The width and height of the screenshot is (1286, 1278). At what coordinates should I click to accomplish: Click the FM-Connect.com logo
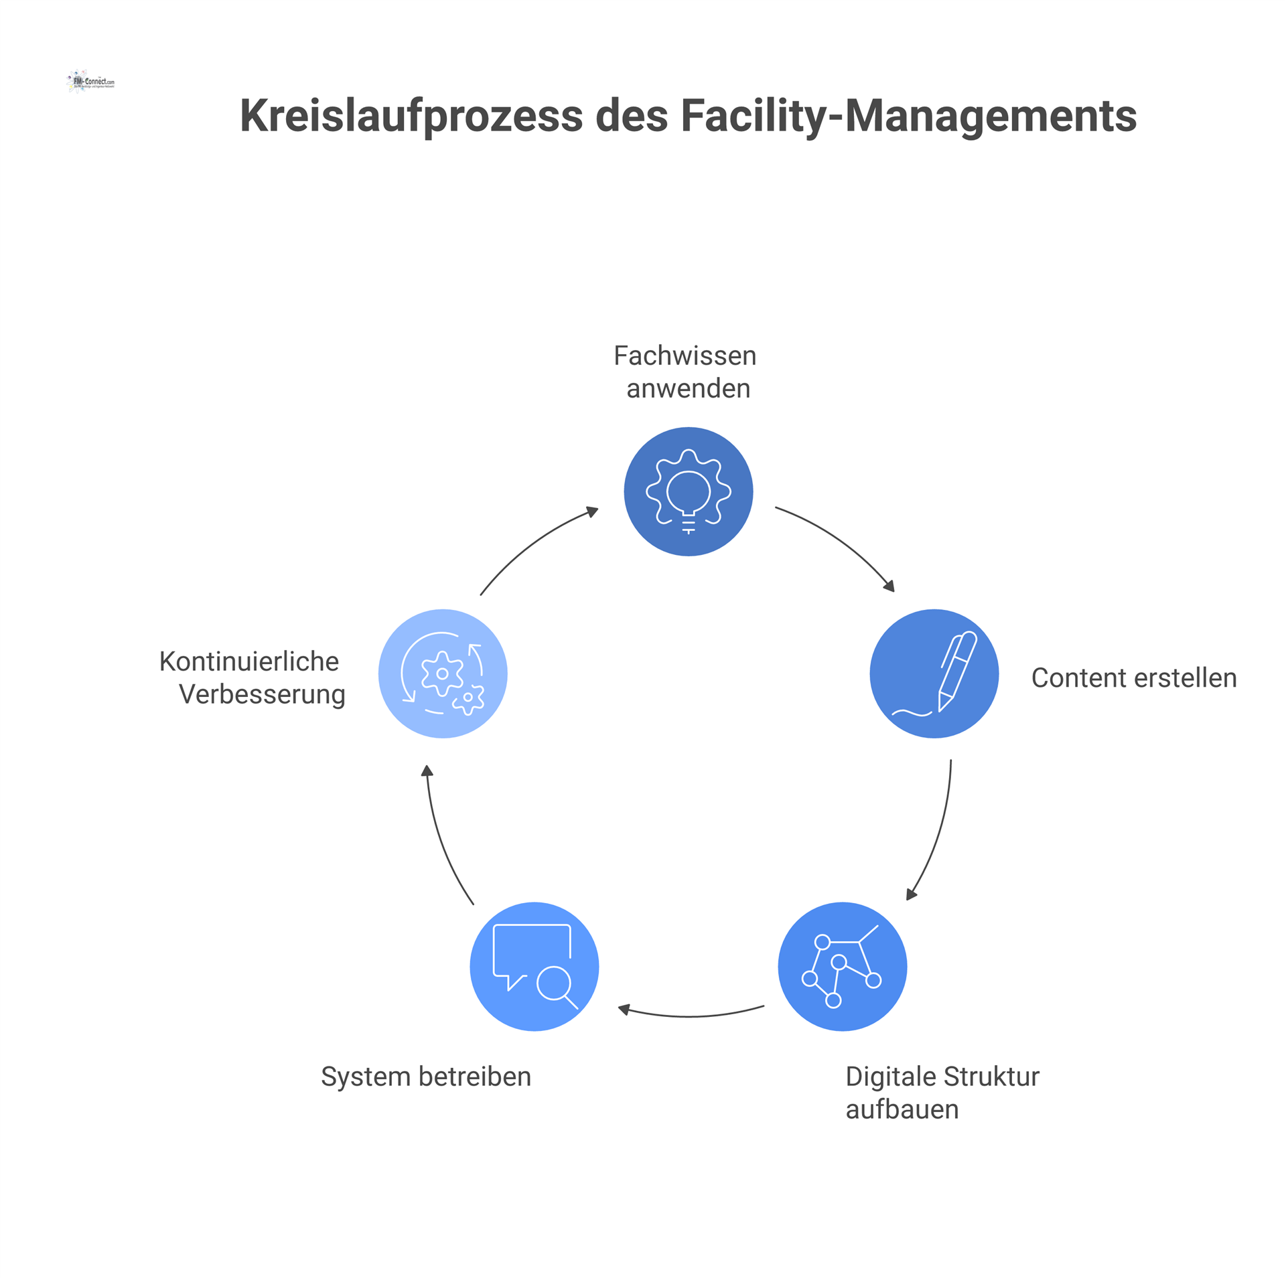point(91,82)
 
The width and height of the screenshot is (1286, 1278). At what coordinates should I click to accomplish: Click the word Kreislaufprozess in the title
point(411,116)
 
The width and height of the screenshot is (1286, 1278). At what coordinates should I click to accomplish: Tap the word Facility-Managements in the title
point(908,116)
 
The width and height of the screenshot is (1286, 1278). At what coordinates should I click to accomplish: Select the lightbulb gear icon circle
point(688,491)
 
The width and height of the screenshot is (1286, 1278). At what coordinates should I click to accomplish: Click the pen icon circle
point(934,673)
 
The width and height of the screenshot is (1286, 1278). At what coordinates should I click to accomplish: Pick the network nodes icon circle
point(842,966)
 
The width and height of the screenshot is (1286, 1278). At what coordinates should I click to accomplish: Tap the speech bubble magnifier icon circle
point(534,966)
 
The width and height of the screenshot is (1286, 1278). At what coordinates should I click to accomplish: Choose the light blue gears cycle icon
point(443,673)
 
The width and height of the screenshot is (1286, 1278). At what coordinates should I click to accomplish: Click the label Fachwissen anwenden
point(686,372)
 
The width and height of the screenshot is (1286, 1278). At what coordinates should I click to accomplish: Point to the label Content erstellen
point(1133,678)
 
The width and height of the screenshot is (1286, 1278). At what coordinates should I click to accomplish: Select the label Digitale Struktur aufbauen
point(941,1093)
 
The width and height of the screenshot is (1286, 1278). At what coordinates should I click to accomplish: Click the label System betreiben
point(426,1076)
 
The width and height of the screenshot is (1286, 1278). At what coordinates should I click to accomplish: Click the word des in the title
point(631,116)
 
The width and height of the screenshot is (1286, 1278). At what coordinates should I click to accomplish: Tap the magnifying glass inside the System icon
point(555,985)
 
